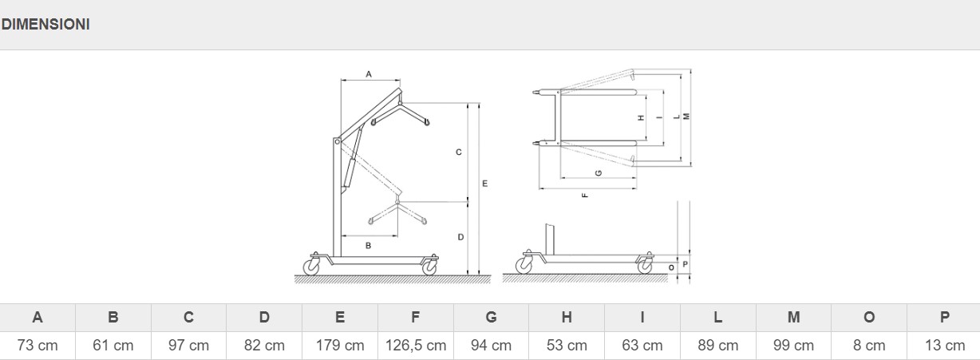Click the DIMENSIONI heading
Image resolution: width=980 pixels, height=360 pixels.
tap(45, 25)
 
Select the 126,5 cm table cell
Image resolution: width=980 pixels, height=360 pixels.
tap(416, 346)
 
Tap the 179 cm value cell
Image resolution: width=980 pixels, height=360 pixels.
tap(340, 346)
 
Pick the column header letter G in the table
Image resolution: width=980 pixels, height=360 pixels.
tap(491, 317)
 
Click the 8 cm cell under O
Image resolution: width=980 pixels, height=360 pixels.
tap(869, 346)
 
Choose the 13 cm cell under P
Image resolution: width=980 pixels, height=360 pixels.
tap(945, 346)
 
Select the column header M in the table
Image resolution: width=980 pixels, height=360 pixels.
tap(793, 317)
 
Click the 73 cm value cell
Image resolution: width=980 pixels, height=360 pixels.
tap(38, 346)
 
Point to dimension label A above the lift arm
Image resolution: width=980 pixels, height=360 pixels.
tap(369, 74)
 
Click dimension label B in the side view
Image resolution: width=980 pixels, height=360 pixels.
tap(369, 246)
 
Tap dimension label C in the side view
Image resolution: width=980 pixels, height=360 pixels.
tap(459, 152)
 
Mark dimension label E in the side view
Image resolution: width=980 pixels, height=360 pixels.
tap(484, 184)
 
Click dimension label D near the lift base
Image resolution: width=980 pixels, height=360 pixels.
tap(460, 237)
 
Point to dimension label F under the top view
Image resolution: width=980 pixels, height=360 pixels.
tap(586, 196)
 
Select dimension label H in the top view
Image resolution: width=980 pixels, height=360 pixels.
tap(642, 118)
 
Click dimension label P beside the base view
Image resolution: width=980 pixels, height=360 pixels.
tap(686, 264)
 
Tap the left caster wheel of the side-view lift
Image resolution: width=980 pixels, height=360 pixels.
tap(311, 267)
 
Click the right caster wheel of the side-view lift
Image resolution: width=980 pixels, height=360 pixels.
tap(429, 267)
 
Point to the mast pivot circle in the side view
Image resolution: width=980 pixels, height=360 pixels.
tap(337, 142)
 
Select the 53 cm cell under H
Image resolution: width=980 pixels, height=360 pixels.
tap(567, 346)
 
